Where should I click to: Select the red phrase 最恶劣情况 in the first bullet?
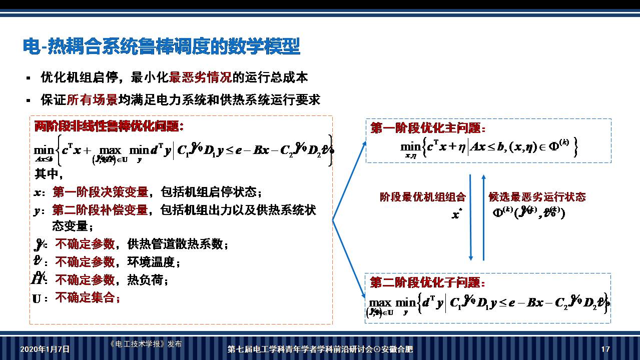pos(201,77)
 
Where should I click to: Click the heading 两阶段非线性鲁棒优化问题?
pos(109,126)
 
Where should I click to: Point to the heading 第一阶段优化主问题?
pos(428,128)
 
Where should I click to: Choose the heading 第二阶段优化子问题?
pos(428,283)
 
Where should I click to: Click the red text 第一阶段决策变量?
pos(100,192)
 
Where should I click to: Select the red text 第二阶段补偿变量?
pos(100,210)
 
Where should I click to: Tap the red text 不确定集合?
pos(88,298)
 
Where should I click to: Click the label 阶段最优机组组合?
pos(423,197)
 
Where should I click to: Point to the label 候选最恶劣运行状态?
pos(537,197)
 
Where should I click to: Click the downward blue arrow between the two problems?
pos(471,217)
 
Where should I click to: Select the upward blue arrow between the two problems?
pos(483,217)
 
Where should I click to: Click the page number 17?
pos(605,349)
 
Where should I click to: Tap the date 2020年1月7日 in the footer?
pos(45,349)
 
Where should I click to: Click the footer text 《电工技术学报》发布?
pos(145,344)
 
